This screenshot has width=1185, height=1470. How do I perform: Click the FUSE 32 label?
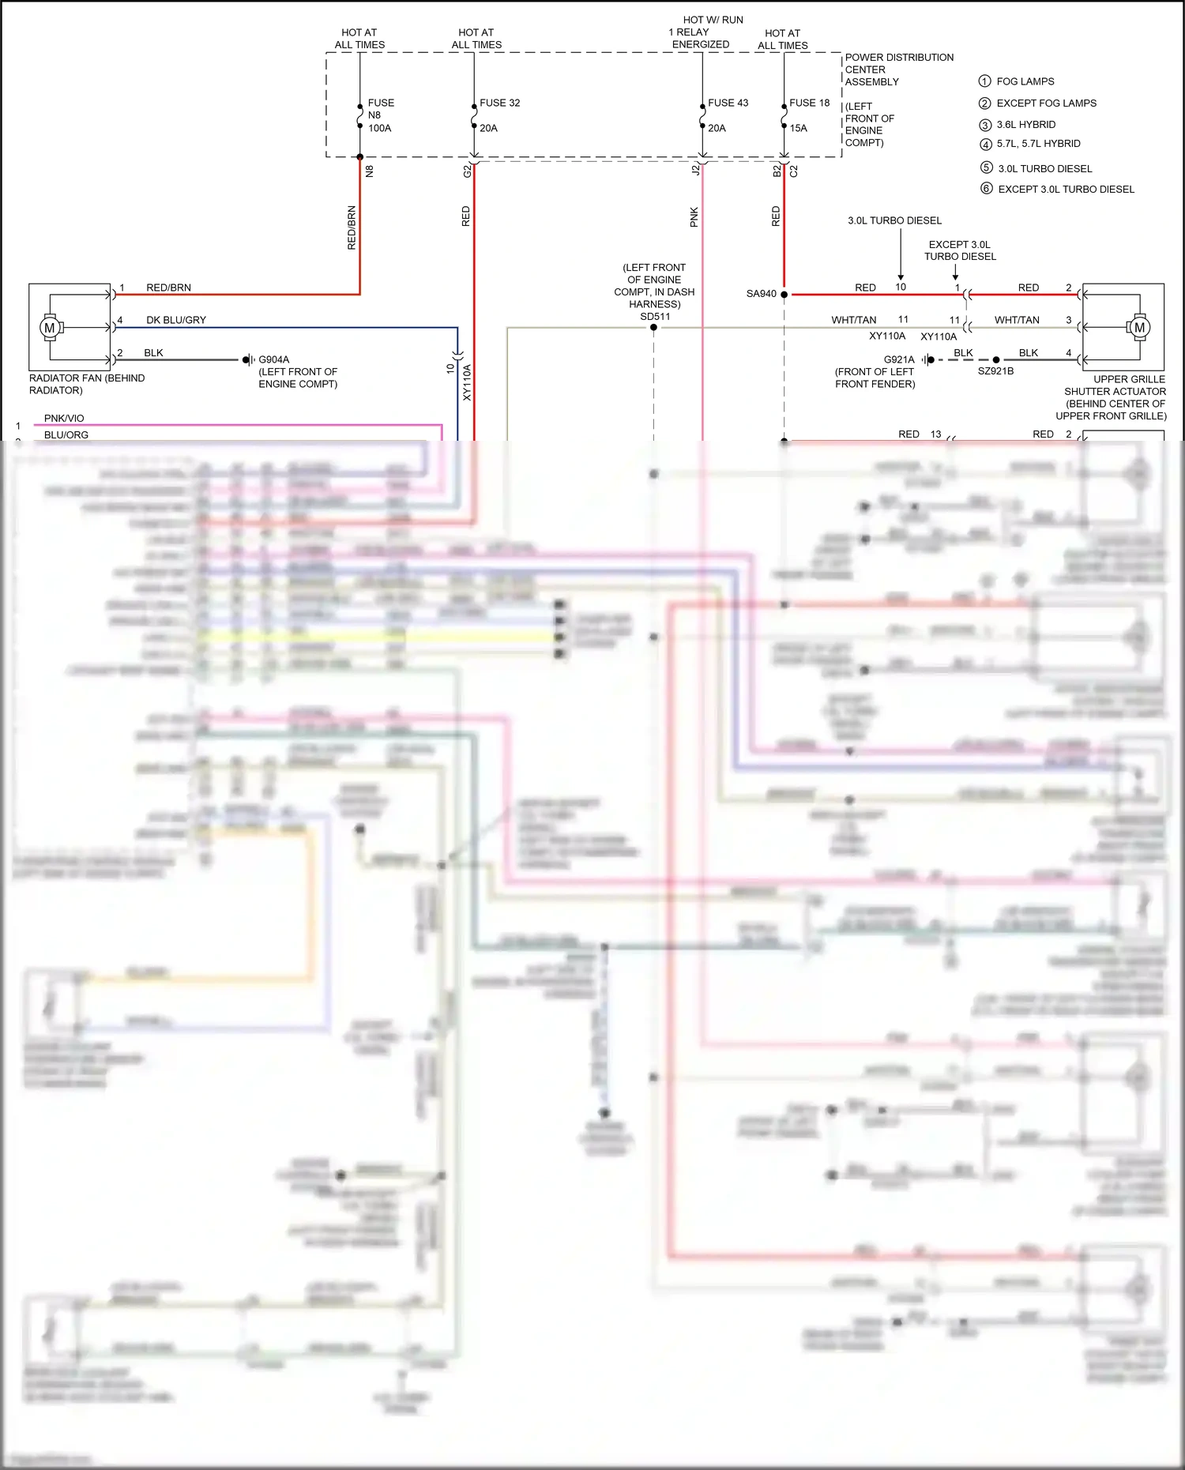click(x=499, y=103)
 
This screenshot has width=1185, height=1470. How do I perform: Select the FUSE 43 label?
click(x=728, y=103)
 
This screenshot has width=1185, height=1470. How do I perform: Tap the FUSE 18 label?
click(x=809, y=103)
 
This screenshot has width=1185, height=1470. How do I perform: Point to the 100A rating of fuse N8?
click(x=379, y=128)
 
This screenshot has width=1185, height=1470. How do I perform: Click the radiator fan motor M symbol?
click(x=50, y=327)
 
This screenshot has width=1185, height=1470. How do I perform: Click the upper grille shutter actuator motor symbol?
click(x=1138, y=327)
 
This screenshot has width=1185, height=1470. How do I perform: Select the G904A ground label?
click(x=273, y=359)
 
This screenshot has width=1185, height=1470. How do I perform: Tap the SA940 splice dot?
click(x=784, y=294)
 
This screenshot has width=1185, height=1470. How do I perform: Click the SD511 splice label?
click(x=655, y=317)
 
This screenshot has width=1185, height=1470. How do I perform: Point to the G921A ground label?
click(x=898, y=359)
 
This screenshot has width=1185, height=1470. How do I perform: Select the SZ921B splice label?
click(x=995, y=371)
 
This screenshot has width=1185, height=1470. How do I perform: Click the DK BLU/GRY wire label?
click(x=175, y=320)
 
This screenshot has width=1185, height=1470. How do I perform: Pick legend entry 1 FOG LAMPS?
click(x=1025, y=81)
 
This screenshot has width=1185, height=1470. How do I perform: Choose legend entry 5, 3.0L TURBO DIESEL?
click(x=1044, y=168)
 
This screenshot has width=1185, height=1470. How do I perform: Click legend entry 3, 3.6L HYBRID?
click(x=1025, y=125)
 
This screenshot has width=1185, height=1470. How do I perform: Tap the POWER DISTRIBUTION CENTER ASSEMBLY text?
click(x=898, y=70)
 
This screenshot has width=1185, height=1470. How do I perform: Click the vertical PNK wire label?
click(x=694, y=217)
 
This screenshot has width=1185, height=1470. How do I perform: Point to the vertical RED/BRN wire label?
click(x=352, y=227)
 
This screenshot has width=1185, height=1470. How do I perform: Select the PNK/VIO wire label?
click(x=64, y=419)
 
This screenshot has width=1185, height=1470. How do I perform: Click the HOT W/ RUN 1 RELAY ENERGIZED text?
click(x=705, y=32)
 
